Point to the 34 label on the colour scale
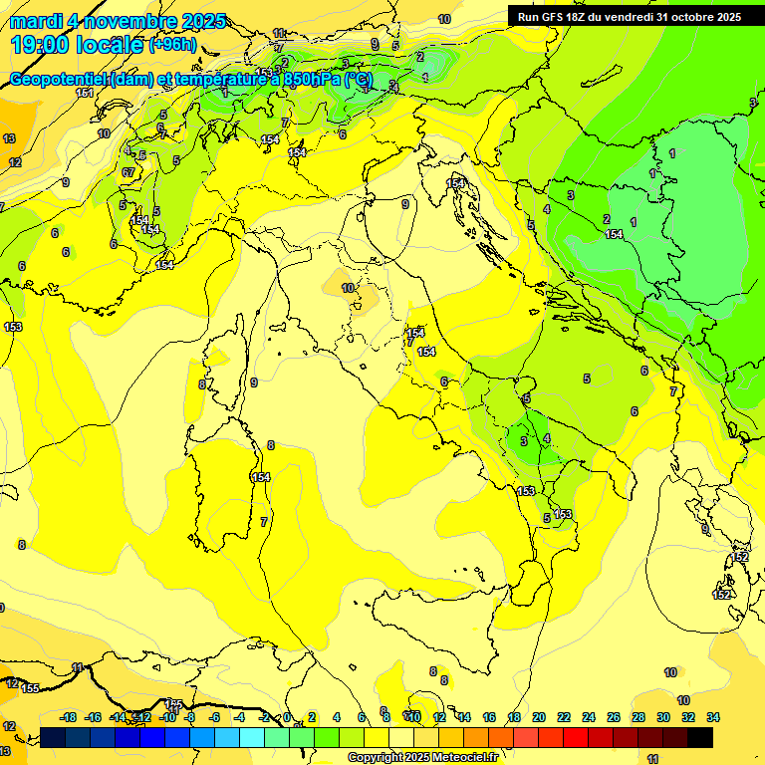point(713,717)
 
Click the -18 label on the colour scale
point(69,717)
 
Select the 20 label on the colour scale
point(539,717)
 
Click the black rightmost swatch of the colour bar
point(700,737)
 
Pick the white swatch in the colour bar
point(401,737)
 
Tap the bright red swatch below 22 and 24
point(576,737)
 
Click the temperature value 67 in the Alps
point(128,172)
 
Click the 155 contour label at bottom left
point(31,688)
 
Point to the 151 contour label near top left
point(85,93)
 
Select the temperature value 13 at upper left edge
point(9,138)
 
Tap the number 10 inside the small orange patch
point(348,288)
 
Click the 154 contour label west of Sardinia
point(261,478)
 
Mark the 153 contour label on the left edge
point(13,327)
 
